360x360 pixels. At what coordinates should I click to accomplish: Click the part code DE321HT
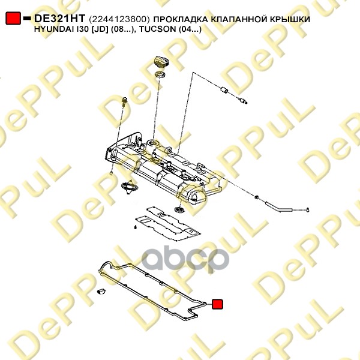pos(59,19)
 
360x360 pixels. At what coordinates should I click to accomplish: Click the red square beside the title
pos(13,19)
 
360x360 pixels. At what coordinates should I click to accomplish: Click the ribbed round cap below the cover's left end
pos(127,188)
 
